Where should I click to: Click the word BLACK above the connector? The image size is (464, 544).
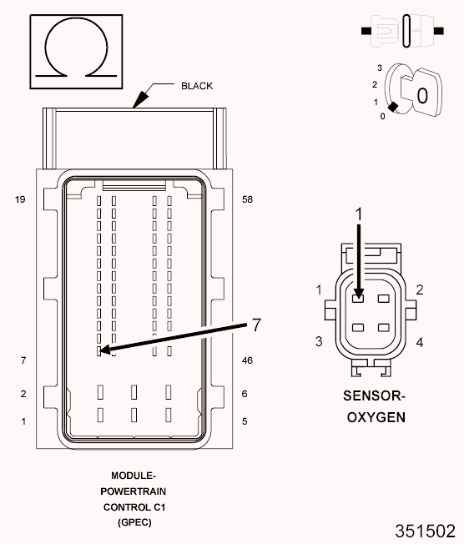click(x=197, y=86)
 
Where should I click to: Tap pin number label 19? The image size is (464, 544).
click(x=20, y=199)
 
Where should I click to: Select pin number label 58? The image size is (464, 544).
click(x=248, y=199)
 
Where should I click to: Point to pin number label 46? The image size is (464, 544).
click(x=248, y=360)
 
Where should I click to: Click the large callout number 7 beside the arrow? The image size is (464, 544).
click(x=256, y=325)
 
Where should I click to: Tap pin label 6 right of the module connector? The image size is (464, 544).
click(x=245, y=394)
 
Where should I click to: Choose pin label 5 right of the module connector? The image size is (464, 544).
click(x=245, y=421)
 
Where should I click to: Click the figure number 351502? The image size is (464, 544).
click(x=425, y=531)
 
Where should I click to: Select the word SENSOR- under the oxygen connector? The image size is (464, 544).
click(x=374, y=395)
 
